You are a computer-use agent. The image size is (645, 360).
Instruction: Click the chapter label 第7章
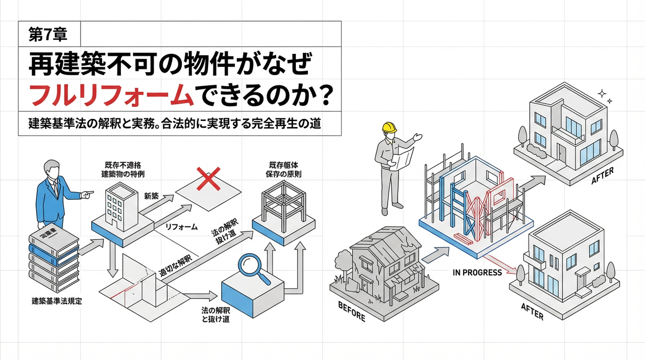point(48,35)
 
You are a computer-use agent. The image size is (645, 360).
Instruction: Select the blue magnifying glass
point(254,268)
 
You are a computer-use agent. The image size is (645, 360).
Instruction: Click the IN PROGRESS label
point(477,273)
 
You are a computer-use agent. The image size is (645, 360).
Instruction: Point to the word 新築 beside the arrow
point(151,196)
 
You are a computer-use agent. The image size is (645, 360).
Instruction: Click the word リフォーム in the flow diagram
point(181,227)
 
